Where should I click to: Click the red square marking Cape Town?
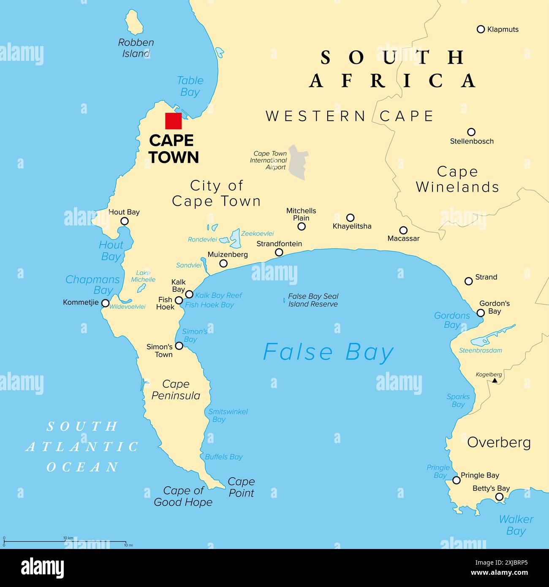click(173, 121)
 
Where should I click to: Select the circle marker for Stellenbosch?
click(471, 132)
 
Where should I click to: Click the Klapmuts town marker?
click(481, 29)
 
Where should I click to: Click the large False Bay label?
click(328, 352)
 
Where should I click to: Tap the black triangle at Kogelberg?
click(495, 381)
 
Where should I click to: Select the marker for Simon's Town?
click(179, 346)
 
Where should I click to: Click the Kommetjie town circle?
click(105, 303)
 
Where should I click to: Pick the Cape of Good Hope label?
click(183, 496)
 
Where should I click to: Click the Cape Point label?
click(241, 487)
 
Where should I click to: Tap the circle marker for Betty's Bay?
click(499, 497)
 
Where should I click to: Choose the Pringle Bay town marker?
click(457, 480)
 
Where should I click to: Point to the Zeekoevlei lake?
click(235, 239)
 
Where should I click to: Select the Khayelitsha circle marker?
click(350, 217)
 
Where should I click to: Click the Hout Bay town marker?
click(125, 221)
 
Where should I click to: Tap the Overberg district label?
click(499, 442)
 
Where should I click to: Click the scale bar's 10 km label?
click(68, 538)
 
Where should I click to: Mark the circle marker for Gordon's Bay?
click(481, 313)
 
